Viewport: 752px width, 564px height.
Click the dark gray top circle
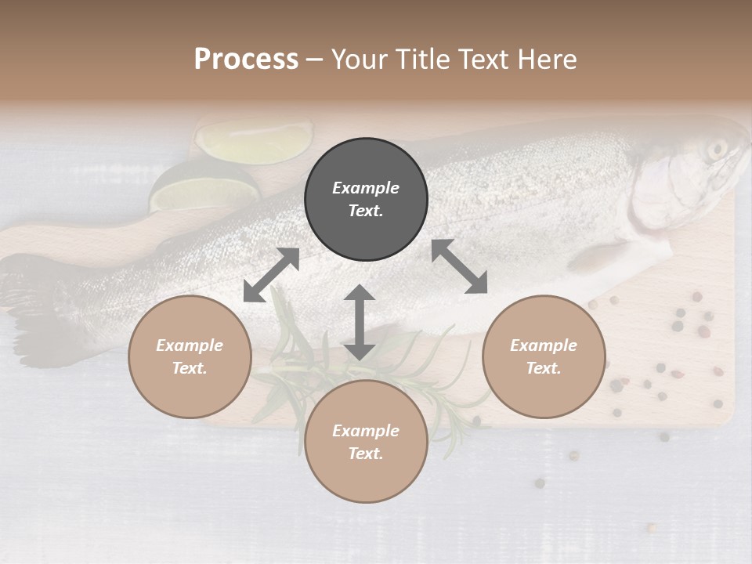[366, 200]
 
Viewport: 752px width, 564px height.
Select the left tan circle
[190, 356]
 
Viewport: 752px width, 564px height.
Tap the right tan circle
[544, 356]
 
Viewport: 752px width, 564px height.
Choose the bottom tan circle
[366, 442]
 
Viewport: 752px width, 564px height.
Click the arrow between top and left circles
[271, 275]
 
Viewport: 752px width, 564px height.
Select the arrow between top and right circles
[459, 266]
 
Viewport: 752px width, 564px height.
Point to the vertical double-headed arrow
[360, 322]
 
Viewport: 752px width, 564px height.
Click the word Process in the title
[246, 59]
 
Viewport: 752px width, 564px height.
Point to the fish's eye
[717, 149]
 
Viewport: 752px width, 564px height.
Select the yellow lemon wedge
[252, 141]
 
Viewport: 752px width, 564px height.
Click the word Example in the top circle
[366, 188]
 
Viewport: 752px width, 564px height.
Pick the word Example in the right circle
[544, 345]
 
